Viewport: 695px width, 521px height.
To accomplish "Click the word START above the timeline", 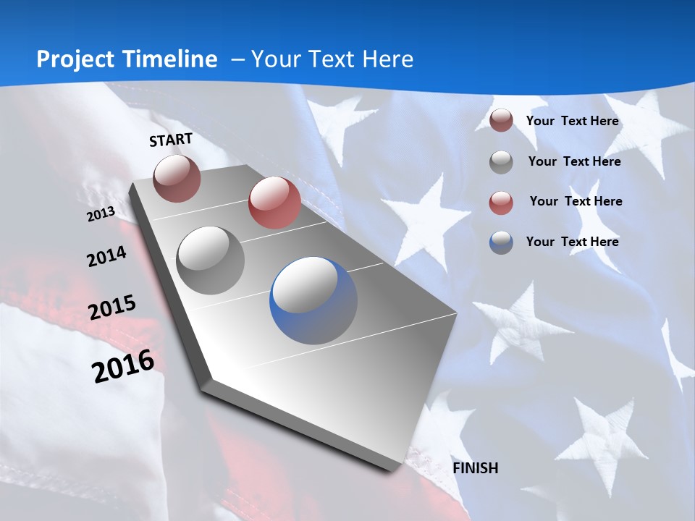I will tap(171, 140).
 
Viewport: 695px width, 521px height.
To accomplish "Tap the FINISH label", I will tap(475, 468).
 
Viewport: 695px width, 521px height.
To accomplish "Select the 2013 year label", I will tap(101, 214).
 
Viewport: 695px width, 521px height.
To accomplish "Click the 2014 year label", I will tap(106, 257).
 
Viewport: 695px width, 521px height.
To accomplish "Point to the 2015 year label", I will tap(111, 308).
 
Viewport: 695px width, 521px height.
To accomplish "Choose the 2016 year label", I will tap(123, 366).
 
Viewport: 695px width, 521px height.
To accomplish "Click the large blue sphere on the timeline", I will tap(313, 300).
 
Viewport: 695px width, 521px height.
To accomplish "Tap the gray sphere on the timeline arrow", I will tap(211, 260).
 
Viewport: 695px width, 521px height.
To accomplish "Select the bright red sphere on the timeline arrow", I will tap(274, 202).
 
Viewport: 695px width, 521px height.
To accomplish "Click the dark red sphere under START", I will tap(177, 178).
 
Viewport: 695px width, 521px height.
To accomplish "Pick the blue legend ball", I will tap(501, 242).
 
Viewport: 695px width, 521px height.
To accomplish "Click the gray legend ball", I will tap(501, 162).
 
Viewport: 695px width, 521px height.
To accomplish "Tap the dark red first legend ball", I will tap(501, 121).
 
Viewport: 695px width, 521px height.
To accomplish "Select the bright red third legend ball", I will tap(501, 203).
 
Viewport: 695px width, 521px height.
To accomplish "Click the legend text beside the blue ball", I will tap(572, 242).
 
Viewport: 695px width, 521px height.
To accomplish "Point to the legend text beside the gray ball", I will tap(574, 161).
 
